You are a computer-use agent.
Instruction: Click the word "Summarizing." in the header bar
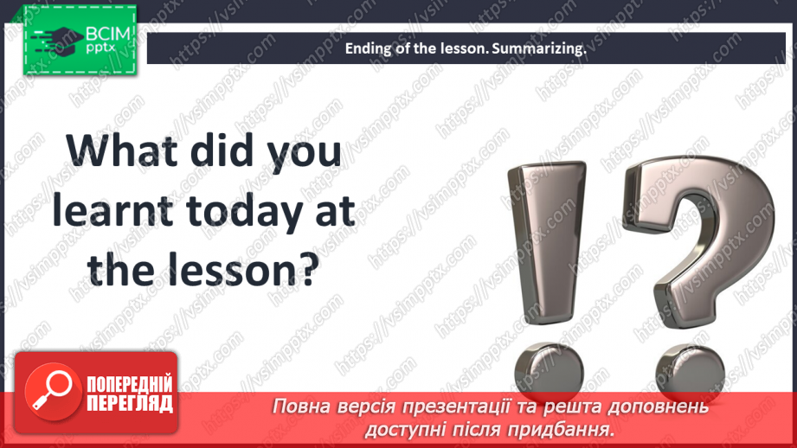pyautogui.click(x=538, y=49)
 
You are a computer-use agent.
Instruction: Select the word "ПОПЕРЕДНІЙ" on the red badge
pyautogui.click(x=129, y=384)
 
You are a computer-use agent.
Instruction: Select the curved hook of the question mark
pyautogui.click(x=702, y=208)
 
